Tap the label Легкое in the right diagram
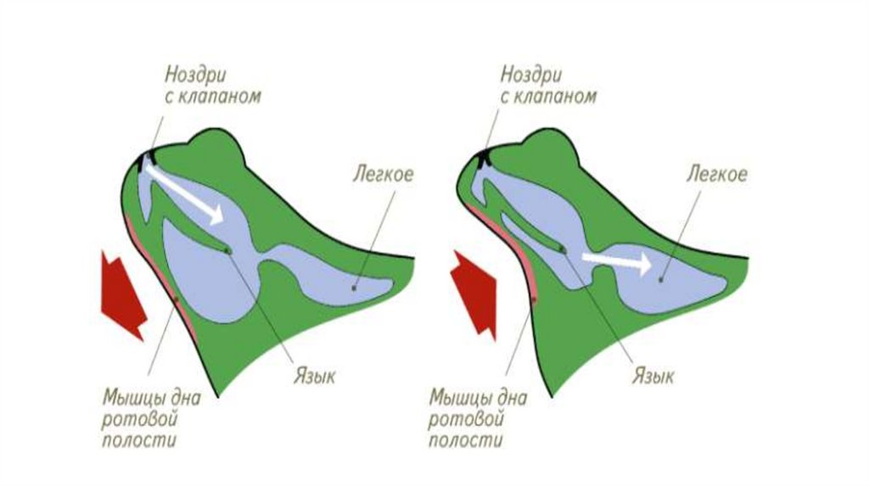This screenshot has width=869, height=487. click(717, 175)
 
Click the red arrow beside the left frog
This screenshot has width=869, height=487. click(122, 293)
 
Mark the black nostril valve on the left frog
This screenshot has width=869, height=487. click(150, 156)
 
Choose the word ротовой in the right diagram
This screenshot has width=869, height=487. click(466, 419)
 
